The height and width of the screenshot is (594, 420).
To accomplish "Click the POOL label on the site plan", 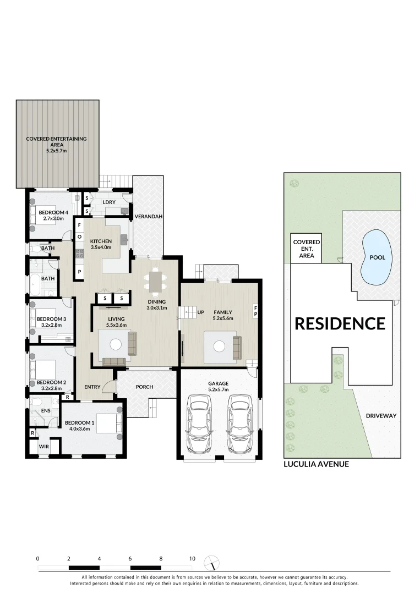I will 378,257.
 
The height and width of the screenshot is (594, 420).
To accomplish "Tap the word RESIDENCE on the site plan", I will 340,323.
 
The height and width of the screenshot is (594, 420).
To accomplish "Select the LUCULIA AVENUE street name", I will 316,464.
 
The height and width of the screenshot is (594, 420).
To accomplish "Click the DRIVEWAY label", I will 381,416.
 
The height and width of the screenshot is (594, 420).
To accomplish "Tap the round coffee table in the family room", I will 219,346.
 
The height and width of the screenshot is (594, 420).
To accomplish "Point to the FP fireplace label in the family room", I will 255,310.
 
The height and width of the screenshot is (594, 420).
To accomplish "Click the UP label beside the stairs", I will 201,312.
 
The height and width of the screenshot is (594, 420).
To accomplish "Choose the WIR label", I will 44,447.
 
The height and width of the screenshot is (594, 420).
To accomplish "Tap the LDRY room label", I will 109,202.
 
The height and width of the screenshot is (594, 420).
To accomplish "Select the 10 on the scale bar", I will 192,558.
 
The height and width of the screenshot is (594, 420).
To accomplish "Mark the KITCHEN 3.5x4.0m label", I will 101,244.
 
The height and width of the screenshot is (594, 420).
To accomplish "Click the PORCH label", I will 144,387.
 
